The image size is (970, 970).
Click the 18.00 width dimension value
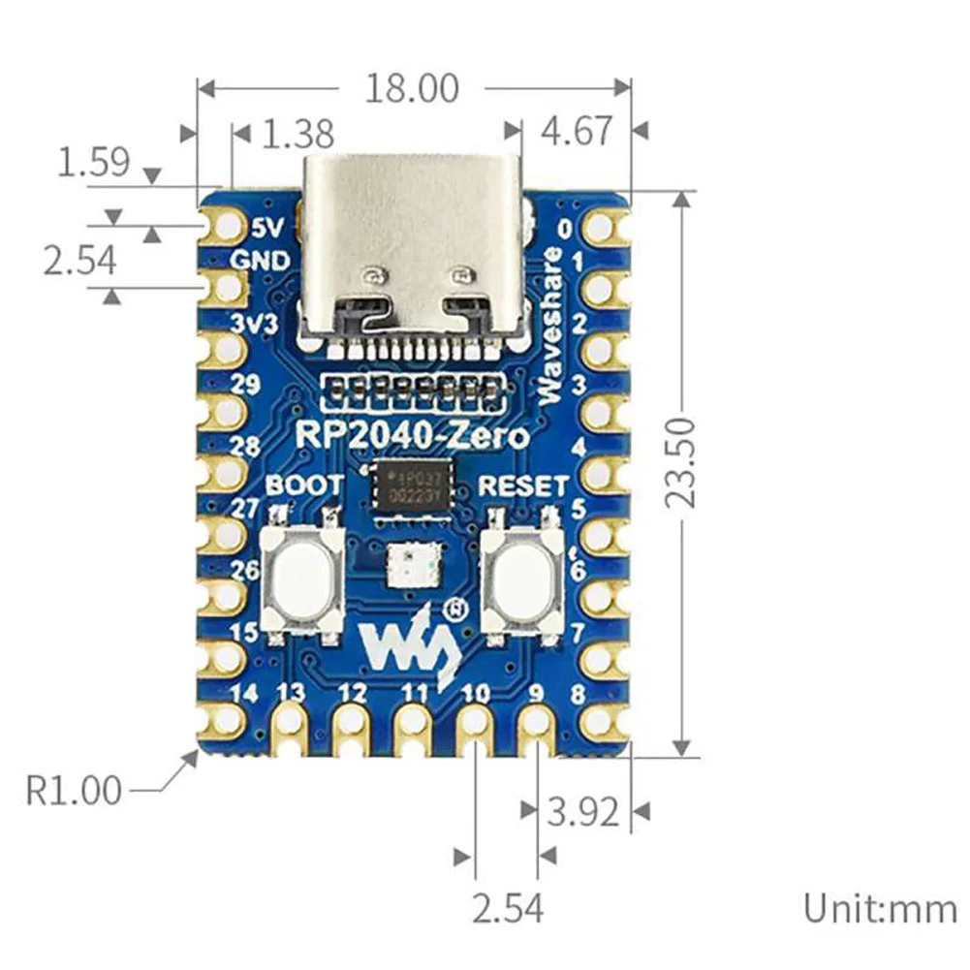[412, 88]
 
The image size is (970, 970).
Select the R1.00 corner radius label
[75, 791]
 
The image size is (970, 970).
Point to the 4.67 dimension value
[577, 131]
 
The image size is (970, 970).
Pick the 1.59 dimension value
[93, 161]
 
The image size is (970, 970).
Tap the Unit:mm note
[879, 909]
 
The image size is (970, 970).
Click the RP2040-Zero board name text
[413, 436]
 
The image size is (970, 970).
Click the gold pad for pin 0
[601, 229]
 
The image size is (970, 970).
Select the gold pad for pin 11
[413, 723]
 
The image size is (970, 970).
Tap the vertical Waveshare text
[550, 326]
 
